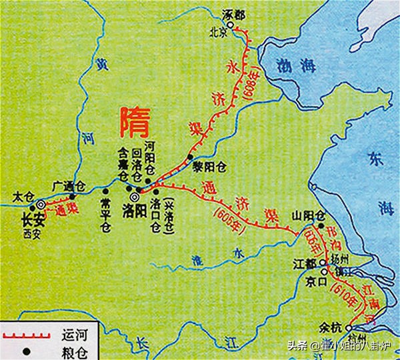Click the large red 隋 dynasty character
(x=133, y=121)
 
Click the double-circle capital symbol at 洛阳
(x=135, y=197)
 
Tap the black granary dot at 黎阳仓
(x=190, y=159)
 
